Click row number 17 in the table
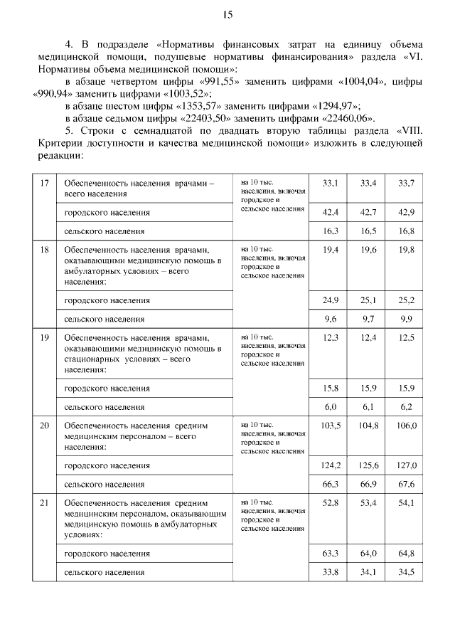[44, 184]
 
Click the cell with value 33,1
[330, 184]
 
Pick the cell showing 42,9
[405, 213]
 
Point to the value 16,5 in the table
[368, 231]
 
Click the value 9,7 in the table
[368, 320]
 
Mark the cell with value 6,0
[330, 407]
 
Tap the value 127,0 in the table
[405, 465]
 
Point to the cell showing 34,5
[405, 571]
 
